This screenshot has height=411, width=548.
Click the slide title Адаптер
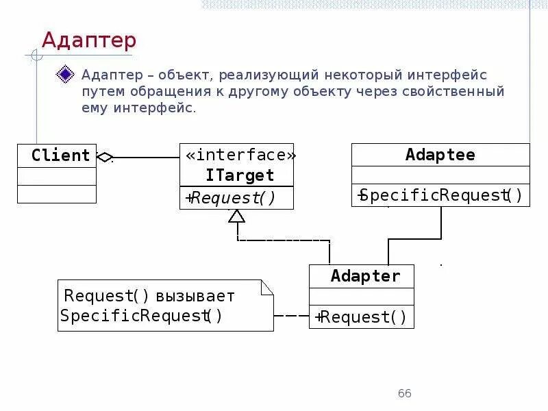pyautogui.click(x=89, y=40)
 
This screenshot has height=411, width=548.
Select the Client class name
pyautogui.click(x=60, y=155)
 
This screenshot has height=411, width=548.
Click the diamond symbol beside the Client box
pyautogui.click(x=105, y=157)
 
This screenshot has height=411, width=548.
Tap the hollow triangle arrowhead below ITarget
pyautogui.click(x=236, y=216)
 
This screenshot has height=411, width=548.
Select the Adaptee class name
pyautogui.click(x=440, y=155)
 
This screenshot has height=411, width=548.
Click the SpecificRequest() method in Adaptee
pyautogui.click(x=440, y=196)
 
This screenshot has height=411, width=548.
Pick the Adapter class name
pyautogui.click(x=365, y=276)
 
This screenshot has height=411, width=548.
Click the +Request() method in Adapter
pyautogui.click(x=362, y=317)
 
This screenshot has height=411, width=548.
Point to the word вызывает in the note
pyautogui.click(x=195, y=297)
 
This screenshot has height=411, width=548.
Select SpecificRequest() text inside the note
pyautogui.click(x=141, y=316)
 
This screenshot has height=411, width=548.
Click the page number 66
pyautogui.click(x=404, y=393)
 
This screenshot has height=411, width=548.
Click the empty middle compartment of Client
pyautogui.click(x=57, y=176)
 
